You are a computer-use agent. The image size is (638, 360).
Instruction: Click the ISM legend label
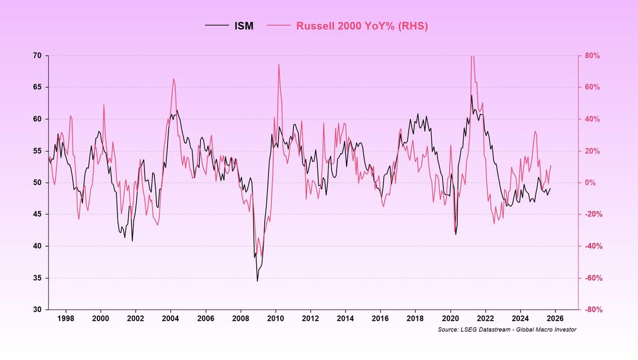click(x=244, y=26)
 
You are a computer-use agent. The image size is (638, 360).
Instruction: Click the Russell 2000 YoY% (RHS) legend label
click(x=362, y=26)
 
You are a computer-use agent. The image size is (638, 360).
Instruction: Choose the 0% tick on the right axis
click(x=590, y=183)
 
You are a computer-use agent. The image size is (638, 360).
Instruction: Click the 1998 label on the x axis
click(x=65, y=319)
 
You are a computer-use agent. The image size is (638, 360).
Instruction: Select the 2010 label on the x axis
click(x=275, y=319)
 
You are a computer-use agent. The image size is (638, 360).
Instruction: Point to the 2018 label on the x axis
click(x=415, y=319)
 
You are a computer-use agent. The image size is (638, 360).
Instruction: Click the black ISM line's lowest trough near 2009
click(x=257, y=281)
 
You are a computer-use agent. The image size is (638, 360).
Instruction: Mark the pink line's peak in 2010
click(x=279, y=64)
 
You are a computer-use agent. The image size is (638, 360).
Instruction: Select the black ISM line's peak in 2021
click(x=471, y=96)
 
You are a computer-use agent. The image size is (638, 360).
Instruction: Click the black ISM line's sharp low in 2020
click(x=456, y=235)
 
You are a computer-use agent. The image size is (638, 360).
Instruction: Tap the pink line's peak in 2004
click(x=173, y=79)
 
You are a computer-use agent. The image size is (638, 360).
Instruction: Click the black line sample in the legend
click(x=217, y=26)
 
